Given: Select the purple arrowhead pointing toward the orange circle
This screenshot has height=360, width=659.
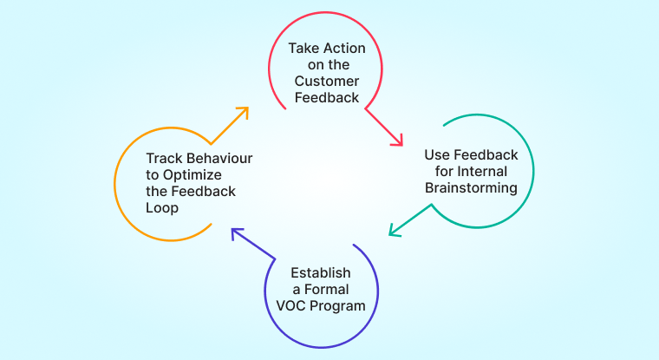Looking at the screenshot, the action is click(235, 232).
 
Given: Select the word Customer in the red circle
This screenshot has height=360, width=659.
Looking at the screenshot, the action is click(327, 81).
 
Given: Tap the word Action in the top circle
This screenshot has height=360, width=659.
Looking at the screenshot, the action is click(342, 49).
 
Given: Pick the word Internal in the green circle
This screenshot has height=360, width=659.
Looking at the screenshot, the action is click(481, 171).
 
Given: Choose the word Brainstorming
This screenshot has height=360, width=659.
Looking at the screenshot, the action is click(471, 187).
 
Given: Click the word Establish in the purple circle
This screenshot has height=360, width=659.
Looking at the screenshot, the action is click(321, 273).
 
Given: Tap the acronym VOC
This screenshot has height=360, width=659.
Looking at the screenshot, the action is click(290, 305).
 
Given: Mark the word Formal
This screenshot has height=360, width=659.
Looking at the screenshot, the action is click(327, 290).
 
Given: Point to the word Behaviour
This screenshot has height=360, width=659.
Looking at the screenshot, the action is click(219, 158).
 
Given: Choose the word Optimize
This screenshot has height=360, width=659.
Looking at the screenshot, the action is click(192, 175).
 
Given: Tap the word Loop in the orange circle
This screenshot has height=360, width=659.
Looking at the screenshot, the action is click(162, 208).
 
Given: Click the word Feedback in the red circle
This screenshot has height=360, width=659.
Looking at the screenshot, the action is click(327, 97).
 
